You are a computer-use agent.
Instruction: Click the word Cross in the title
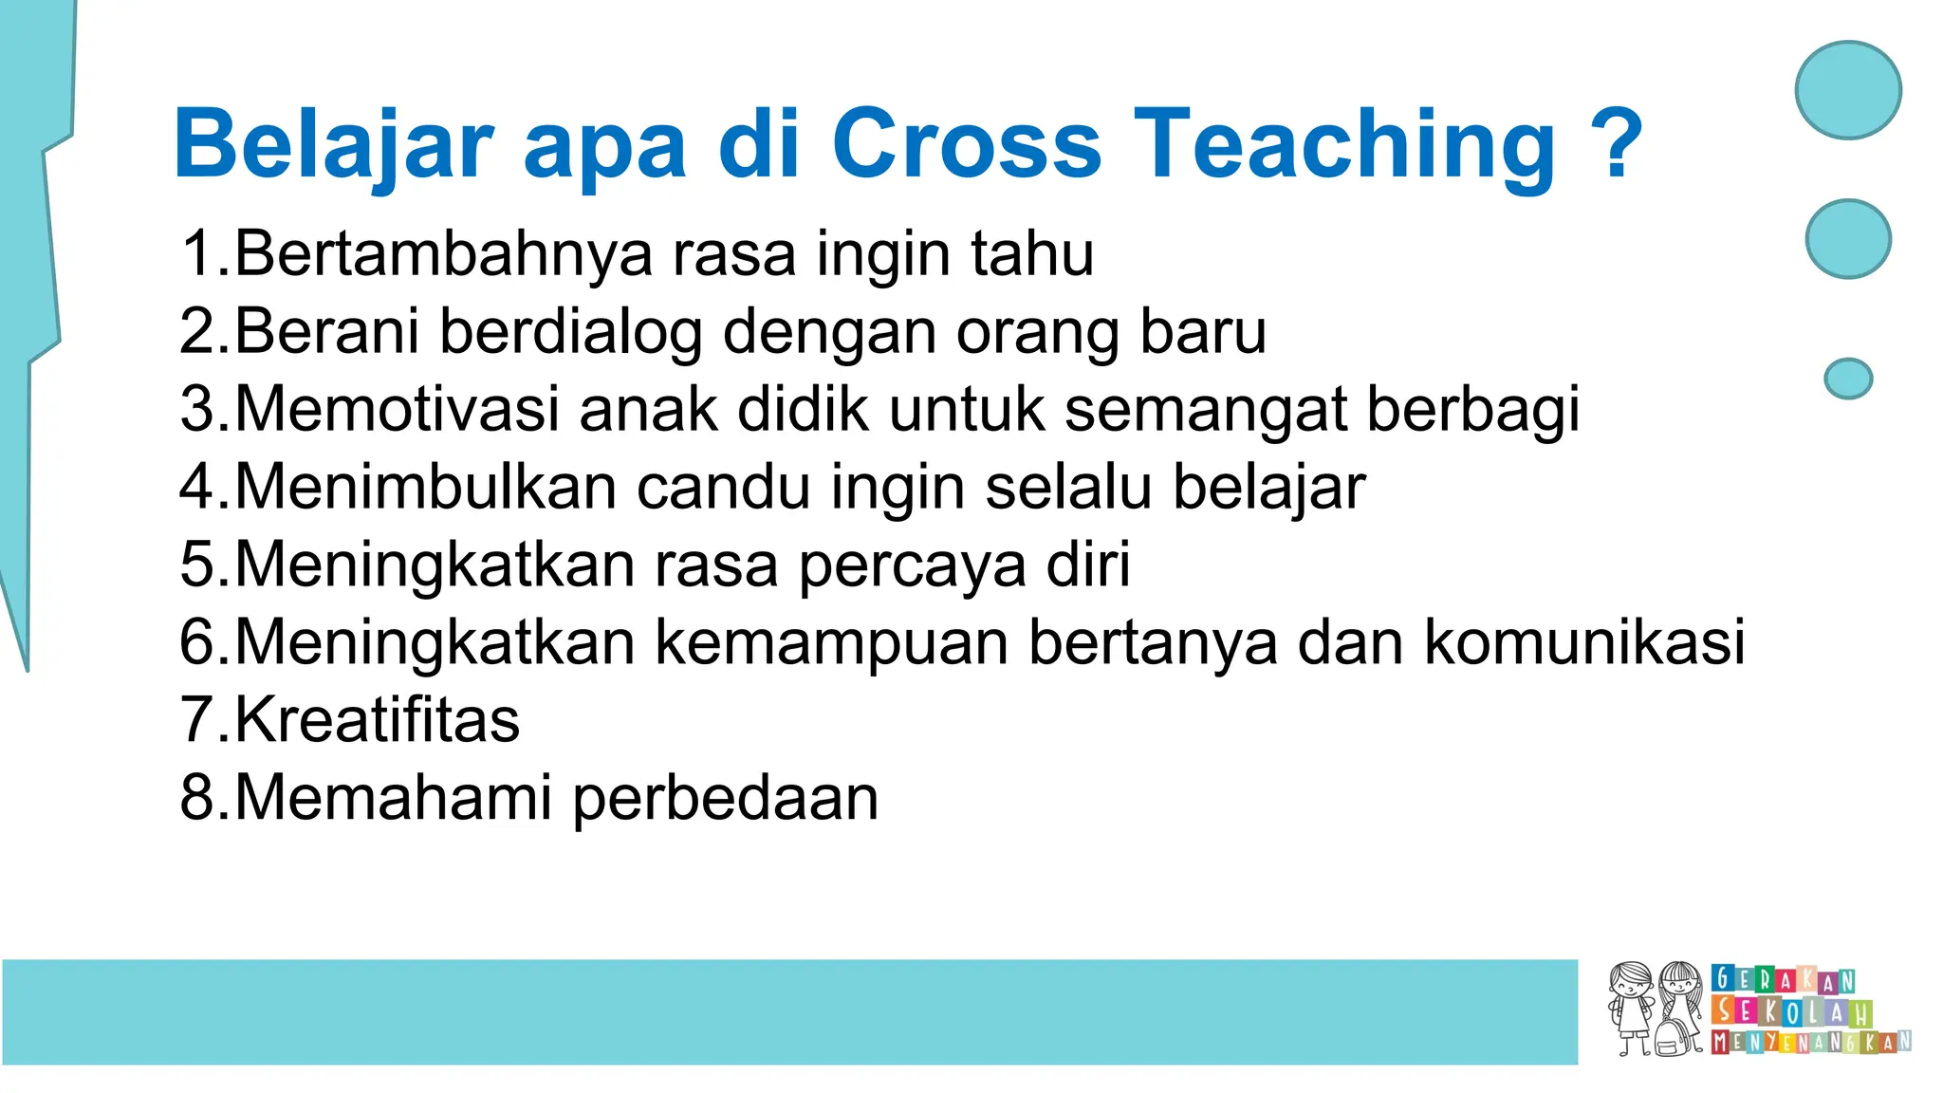pyautogui.click(x=966, y=144)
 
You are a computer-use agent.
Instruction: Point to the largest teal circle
pyautogui.click(x=1847, y=90)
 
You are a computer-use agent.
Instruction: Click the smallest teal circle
pyautogui.click(x=1847, y=379)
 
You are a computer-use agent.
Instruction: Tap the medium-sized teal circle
pyautogui.click(x=1847, y=239)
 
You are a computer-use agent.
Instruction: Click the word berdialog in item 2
pyautogui.click(x=569, y=333)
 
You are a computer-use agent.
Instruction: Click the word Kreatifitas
pyautogui.click(x=377, y=720)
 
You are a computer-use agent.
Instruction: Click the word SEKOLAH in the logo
pyautogui.click(x=1790, y=1011)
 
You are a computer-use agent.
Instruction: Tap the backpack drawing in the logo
pyautogui.click(x=1676, y=1037)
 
